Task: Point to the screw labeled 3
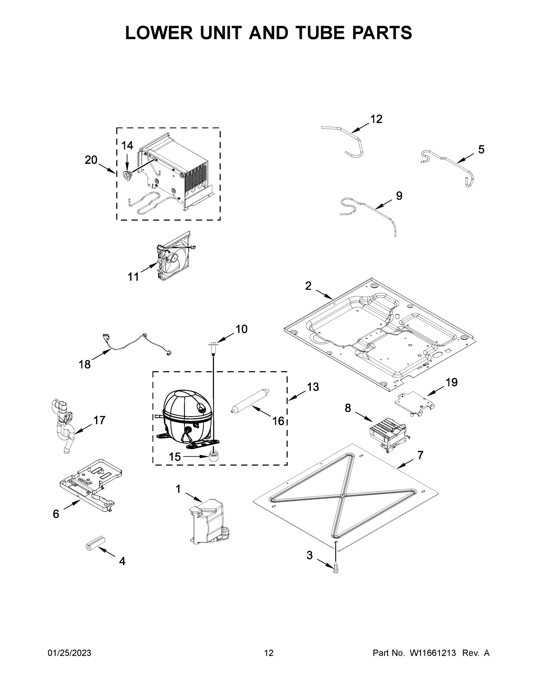336,571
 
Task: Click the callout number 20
91,160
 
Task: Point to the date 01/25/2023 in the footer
69,653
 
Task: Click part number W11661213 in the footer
433,653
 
